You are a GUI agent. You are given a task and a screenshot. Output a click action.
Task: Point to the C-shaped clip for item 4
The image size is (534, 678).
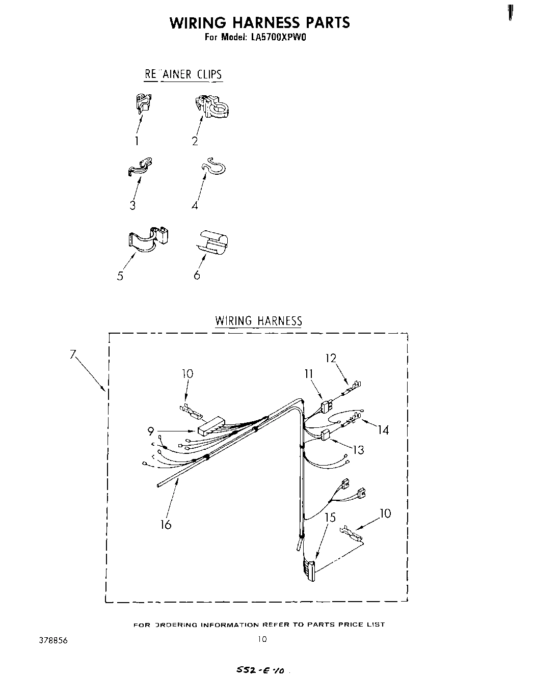214,167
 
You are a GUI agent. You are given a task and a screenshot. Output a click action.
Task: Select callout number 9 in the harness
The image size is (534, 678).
151,431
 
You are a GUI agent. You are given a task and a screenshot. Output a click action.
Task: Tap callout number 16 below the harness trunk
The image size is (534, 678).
166,524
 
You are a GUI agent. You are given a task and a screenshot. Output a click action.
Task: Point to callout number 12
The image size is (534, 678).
331,358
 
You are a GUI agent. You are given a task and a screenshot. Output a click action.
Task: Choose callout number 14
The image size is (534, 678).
383,430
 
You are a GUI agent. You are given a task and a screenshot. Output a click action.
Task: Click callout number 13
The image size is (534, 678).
359,450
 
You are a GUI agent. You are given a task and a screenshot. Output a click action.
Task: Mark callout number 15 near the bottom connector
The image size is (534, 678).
330,518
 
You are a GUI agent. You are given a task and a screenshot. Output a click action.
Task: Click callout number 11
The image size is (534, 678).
308,374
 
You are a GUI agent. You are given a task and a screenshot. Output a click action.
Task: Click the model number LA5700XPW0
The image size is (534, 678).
278,37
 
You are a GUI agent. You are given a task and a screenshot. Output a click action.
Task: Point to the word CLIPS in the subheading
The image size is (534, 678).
209,74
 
